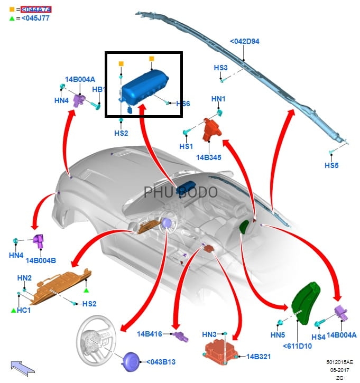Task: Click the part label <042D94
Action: [x=244, y=42]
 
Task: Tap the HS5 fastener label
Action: [x=331, y=165]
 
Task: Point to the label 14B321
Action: [x=259, y=357]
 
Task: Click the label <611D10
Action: [x=297, y=345]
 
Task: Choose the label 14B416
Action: [x=151, y=334]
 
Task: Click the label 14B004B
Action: [x=41, y=260]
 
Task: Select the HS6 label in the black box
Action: [x=182, y=104]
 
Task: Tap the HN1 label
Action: [x=218, y=99]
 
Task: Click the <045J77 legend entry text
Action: [x=35, y=18]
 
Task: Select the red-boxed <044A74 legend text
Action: [x=35, y=9]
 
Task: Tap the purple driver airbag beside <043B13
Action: [x=131, y=363]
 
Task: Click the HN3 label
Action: [x=209, y=334]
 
